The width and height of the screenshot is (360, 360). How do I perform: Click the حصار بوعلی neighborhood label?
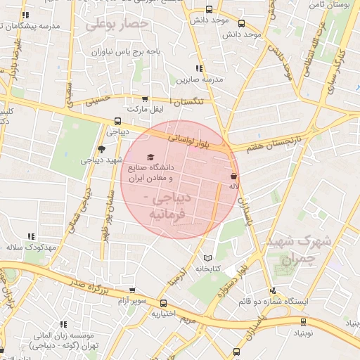click(117, 25)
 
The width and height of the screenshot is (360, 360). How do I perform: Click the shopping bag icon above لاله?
click(233, 176)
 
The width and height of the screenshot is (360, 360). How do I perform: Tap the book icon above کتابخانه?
click(207, 257)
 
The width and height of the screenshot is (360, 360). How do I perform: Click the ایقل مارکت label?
click(144, 110)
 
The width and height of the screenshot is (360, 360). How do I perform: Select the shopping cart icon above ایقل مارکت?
click(146, 100)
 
